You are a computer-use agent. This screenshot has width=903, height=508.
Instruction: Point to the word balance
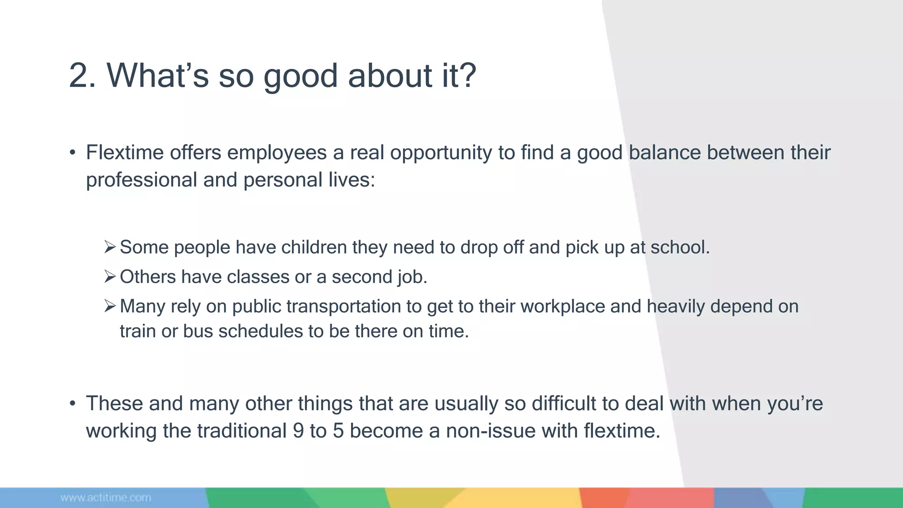point(664,153)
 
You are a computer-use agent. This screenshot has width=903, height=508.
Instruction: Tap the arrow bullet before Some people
point(110,247)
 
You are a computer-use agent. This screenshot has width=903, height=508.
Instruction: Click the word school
point(680,247)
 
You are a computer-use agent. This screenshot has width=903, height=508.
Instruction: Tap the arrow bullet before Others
point(110,276)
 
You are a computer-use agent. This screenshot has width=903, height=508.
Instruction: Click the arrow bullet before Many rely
point(110,306)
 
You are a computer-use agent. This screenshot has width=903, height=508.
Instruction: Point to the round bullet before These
point(73,404)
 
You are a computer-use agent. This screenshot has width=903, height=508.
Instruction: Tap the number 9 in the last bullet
point(298,431)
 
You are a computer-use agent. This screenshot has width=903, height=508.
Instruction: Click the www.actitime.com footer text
point(106,498)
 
